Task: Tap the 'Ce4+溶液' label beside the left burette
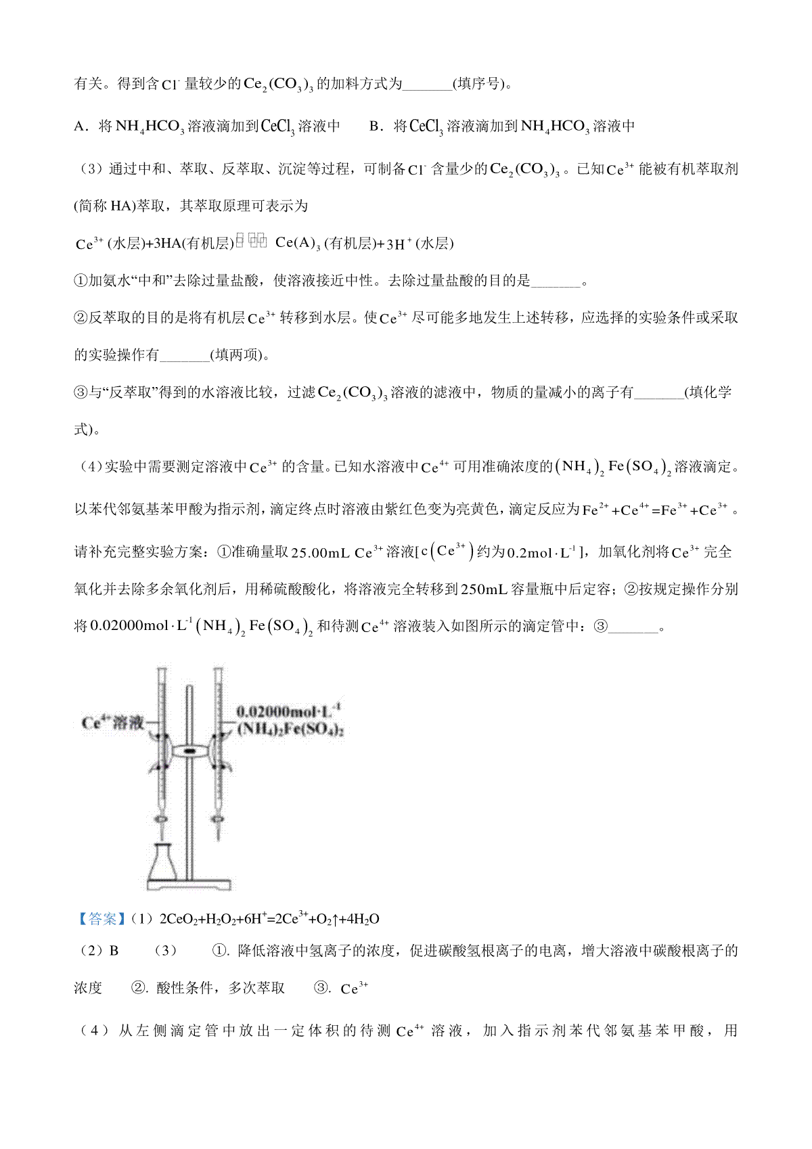click(x=112, y=723)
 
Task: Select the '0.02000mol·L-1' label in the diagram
click(x=288, y=711)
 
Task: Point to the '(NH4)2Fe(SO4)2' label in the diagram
click(x=290, y=729)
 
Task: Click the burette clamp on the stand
click(x=189, y=751)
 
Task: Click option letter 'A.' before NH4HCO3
click(x=81, y=127)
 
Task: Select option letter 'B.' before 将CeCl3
click(x=376, y=127)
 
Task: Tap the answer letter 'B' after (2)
click(x=114, y=951)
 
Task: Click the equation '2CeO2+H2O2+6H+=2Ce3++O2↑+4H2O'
click(x=269, y=919)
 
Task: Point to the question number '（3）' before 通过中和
click(x=91, y=169)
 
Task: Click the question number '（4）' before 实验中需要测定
click(x=89, y=467)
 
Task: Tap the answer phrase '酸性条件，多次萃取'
click(x=221, y=988)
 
